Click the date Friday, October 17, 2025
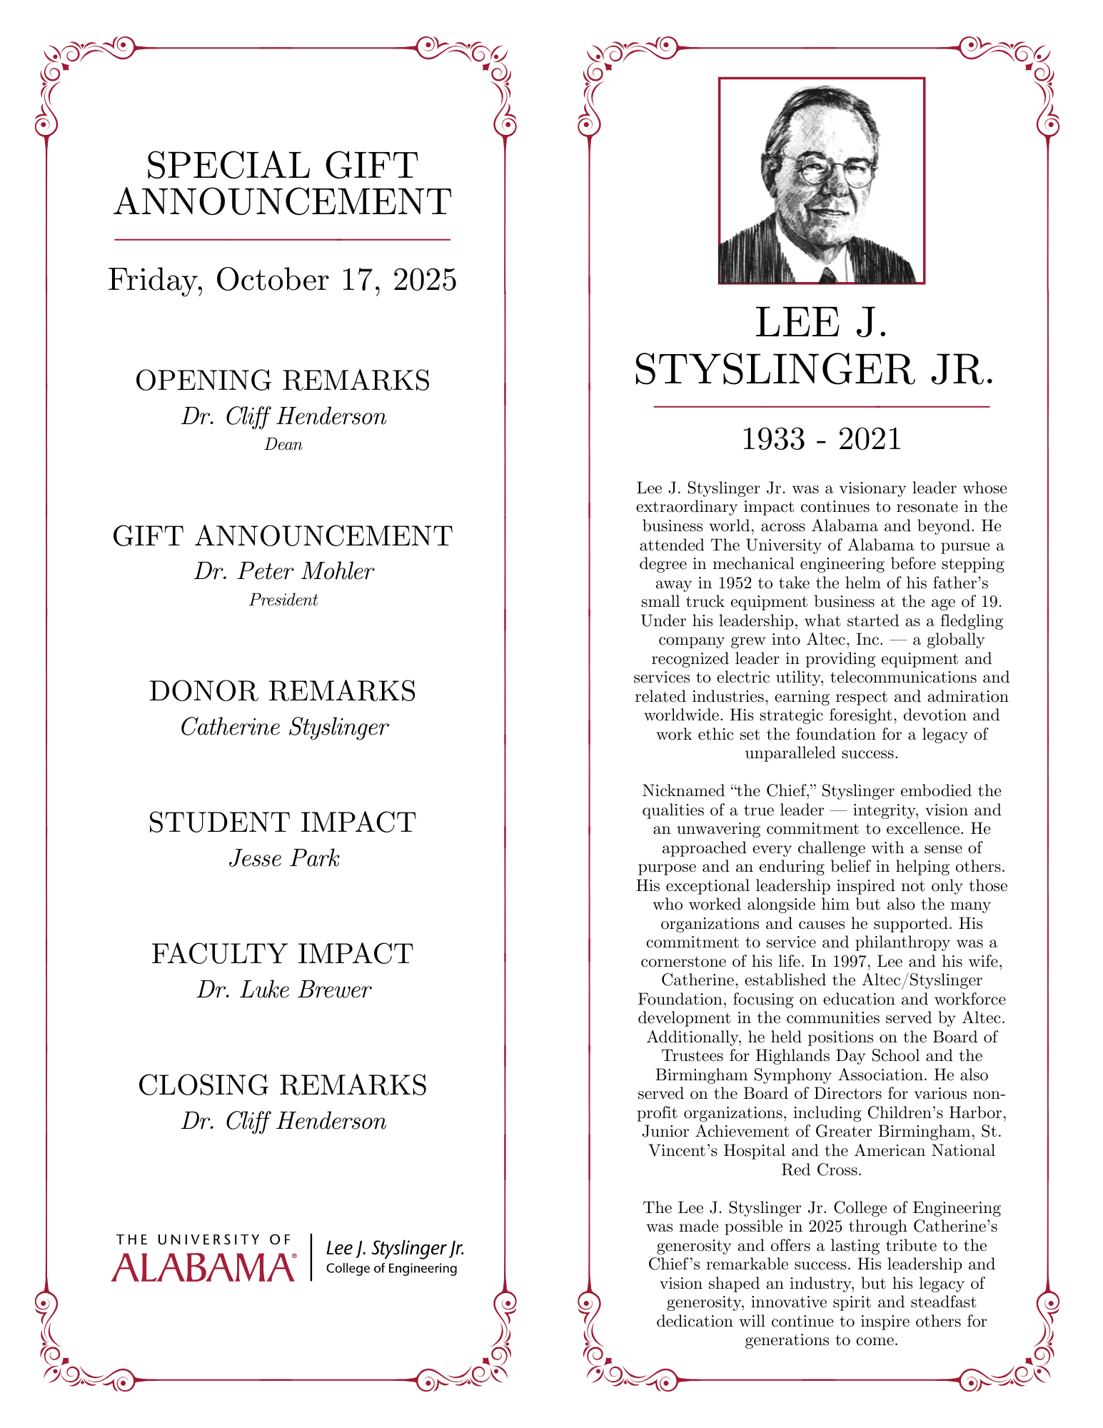[x=282, y=280]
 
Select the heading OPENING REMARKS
[x=283, y=381]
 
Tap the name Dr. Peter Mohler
[x=284, y=571]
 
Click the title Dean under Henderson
[x=283, y=445]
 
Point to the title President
[x=283, y=600]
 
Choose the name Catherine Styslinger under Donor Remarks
[x=284, y=727]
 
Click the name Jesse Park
[x=284, y=858]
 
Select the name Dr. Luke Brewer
[x=284, y=990]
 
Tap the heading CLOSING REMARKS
[x=283, y=1085]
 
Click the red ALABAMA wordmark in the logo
[x=203, y=1267]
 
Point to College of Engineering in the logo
[x=391, y=1269]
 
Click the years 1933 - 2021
[x=821, y=438]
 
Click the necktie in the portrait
[x=827, y=275]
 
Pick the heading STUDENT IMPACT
[x=283, y=823]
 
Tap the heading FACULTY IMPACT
[x=283, y=954]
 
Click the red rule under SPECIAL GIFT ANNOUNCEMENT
[x=282, y=239]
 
